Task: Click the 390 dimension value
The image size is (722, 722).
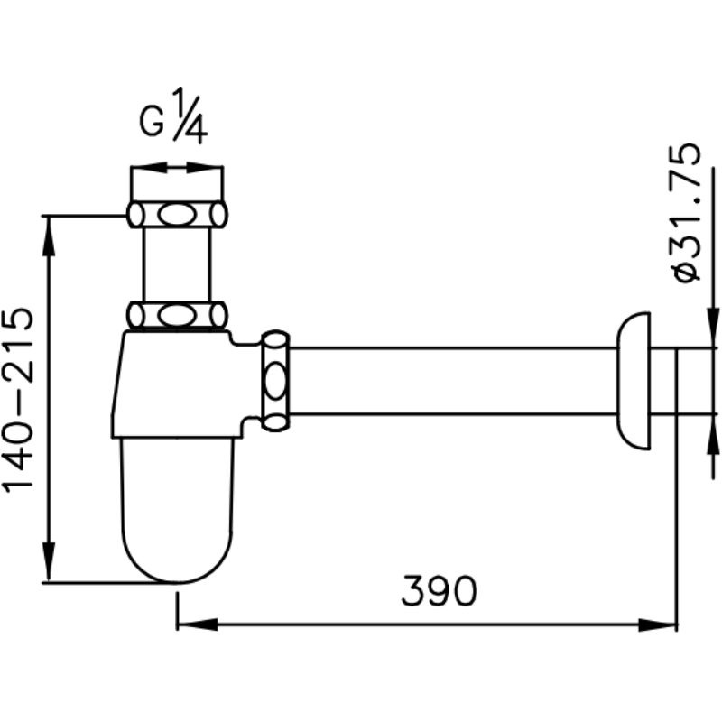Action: [x=439, y=590]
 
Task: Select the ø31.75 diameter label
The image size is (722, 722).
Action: [x=686, y=212]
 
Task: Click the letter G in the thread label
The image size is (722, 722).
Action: [x=151, y=122]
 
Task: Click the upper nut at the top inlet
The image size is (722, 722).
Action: [x=177, y=214]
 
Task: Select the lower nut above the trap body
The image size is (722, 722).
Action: [x=177, y=316]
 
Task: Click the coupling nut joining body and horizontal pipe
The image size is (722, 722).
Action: [x=275, y=381]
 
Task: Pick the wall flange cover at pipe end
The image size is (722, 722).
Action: [x=634, y=381]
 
